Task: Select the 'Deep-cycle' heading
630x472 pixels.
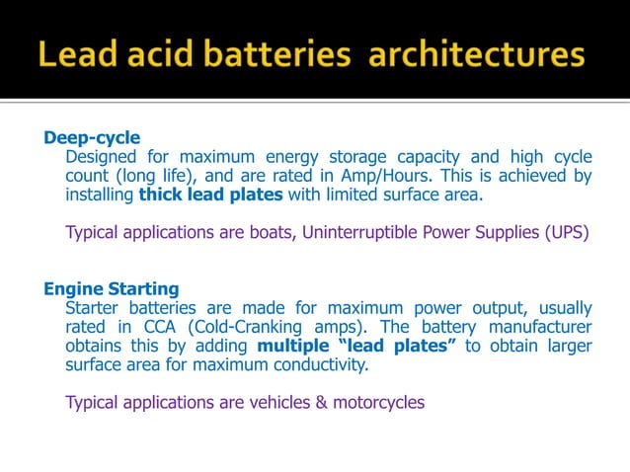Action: [92, 137]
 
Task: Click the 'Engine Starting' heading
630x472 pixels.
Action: [112, 289]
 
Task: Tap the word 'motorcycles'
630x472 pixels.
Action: [377, 403]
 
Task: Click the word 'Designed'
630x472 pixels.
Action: [101, 157]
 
